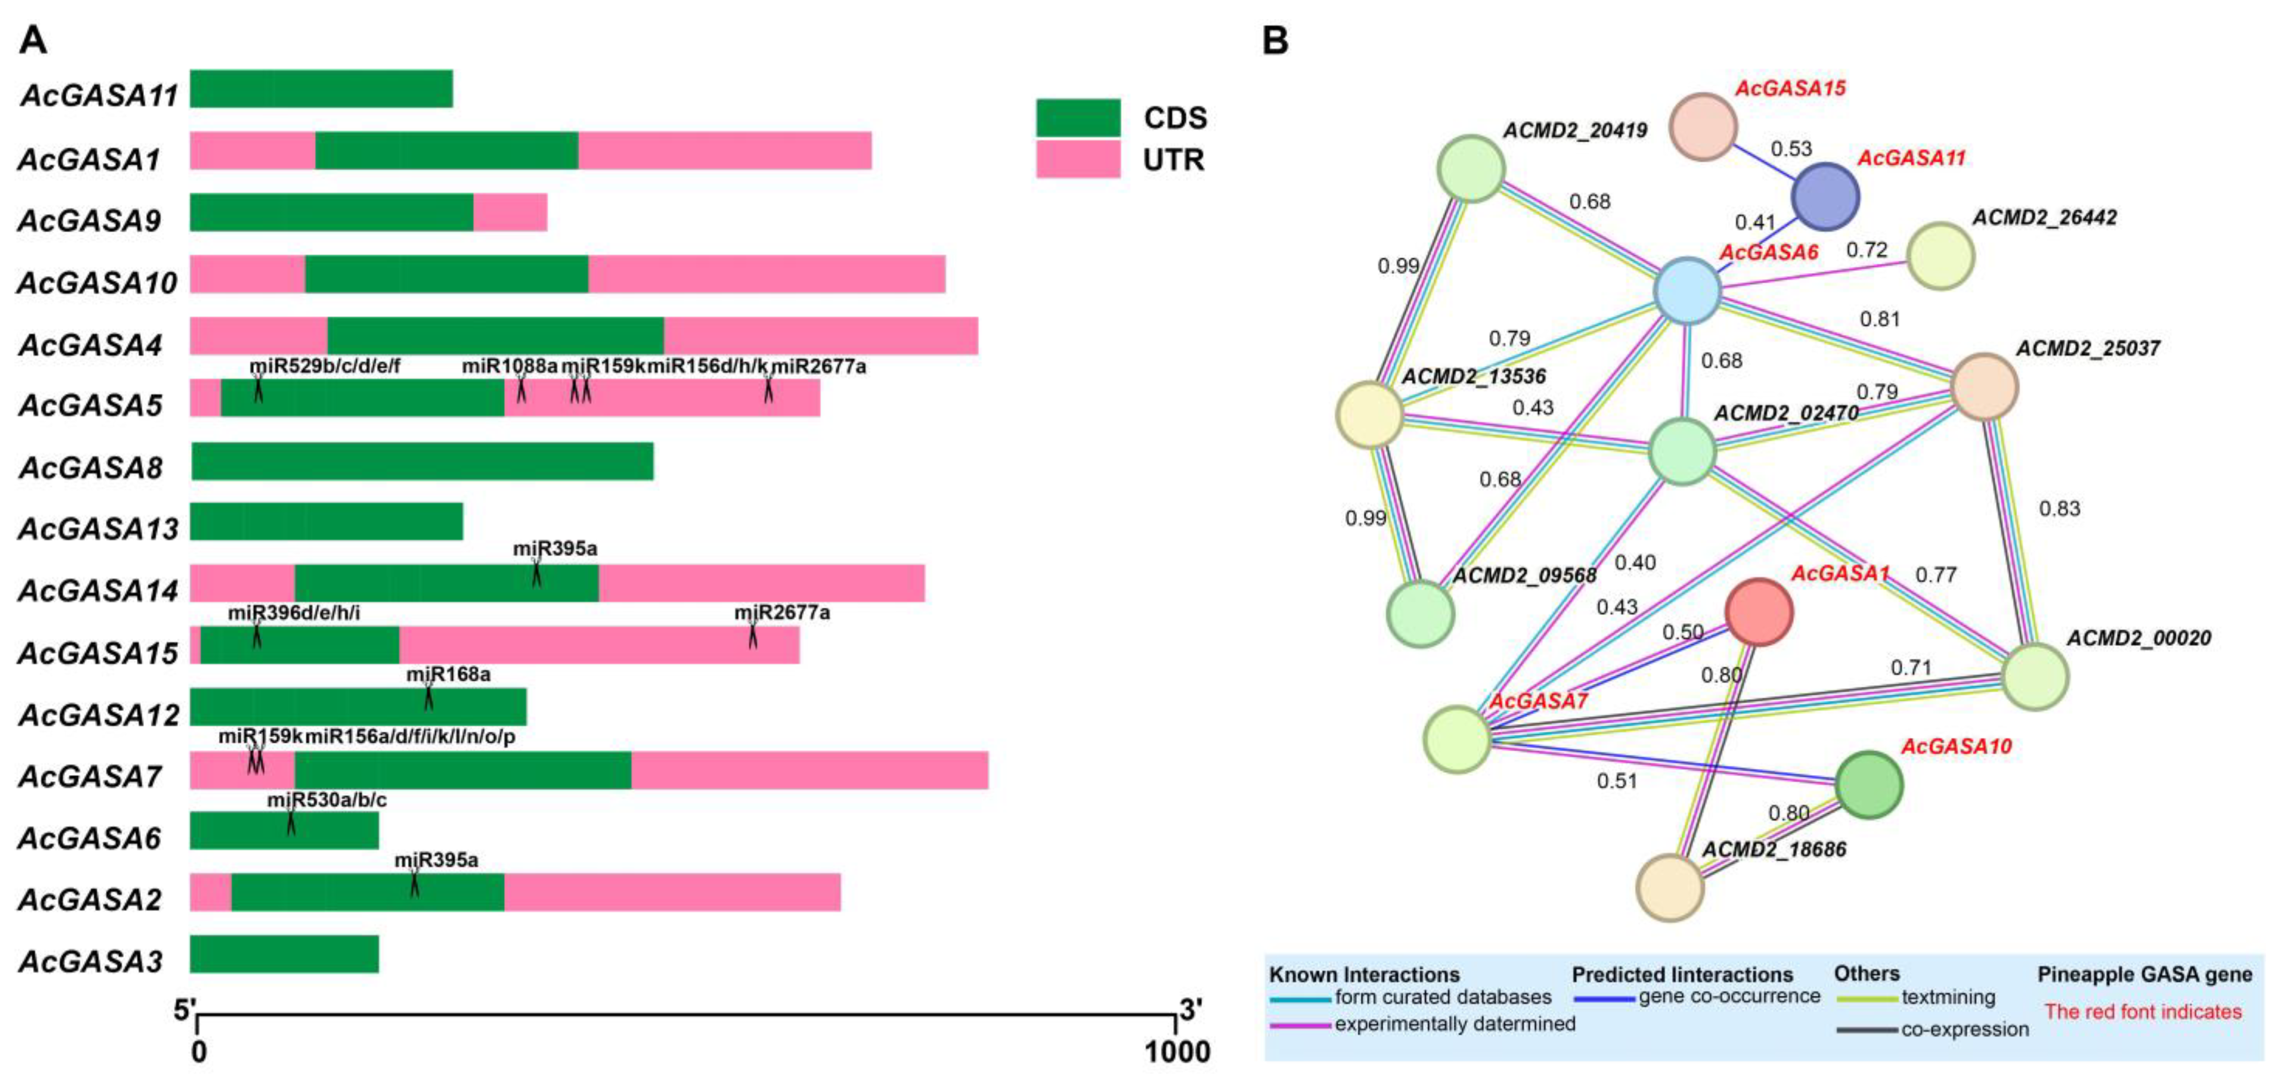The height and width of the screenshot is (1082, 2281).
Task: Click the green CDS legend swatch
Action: pyautogui.click(x=1078, y=118)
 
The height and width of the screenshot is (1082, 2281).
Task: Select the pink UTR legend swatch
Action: pyautogui.click(x=1078, y=159)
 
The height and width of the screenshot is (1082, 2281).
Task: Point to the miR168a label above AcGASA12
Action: pyautogui.click(x=448, y=675)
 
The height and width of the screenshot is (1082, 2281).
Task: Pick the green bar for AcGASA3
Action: pyautogui.click(x=284, y=954)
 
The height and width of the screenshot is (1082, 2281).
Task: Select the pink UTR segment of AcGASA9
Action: pyautogui.click(x=510, y=213)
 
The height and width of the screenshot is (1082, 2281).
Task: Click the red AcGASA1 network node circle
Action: pyautogui.click(x=1759, y=612)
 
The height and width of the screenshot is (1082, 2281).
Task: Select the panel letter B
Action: pyautogui.click(x=1275, y=41)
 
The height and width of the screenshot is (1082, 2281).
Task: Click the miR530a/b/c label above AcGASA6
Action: pyautogui.click(x=327, y=800)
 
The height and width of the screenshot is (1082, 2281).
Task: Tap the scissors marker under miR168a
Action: pyautogui.click(x=428, y=698)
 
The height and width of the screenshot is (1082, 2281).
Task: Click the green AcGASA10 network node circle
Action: pyautogui.click(x=1869, y=784)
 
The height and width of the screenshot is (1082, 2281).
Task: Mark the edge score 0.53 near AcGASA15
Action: pyautogui.click(x=1791, y=149)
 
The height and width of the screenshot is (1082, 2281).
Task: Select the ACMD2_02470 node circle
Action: pyautogui.click(x=1682, y=451)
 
